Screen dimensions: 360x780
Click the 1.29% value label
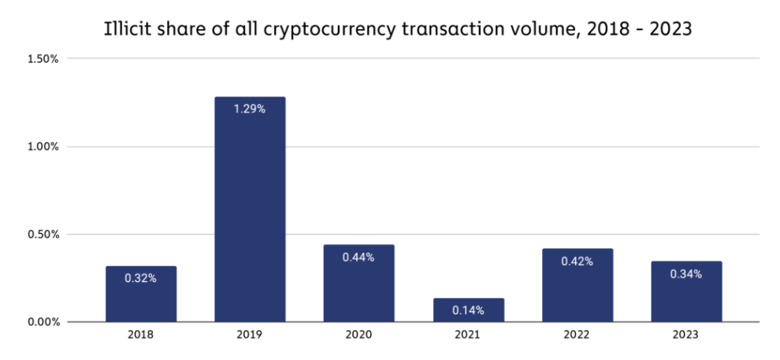250,109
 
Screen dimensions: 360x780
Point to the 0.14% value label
469,310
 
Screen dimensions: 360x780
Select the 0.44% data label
358,257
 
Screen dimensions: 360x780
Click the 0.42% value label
578,262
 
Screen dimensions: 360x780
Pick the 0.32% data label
141,278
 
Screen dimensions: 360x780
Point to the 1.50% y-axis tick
43,59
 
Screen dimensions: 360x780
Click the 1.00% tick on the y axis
43,147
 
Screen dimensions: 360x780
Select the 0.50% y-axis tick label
43,234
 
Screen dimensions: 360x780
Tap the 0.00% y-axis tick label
43,322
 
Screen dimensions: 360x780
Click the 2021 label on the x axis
469,335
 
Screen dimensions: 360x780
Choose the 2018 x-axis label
141,335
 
